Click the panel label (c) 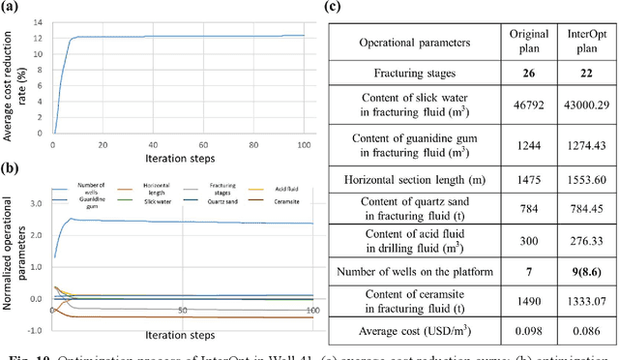pyautogui.click(x=332, y=8)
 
